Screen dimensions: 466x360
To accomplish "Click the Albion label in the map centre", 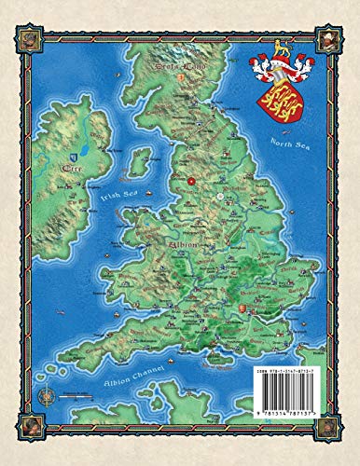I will (183, 246).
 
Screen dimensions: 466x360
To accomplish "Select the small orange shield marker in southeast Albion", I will (244, 307).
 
